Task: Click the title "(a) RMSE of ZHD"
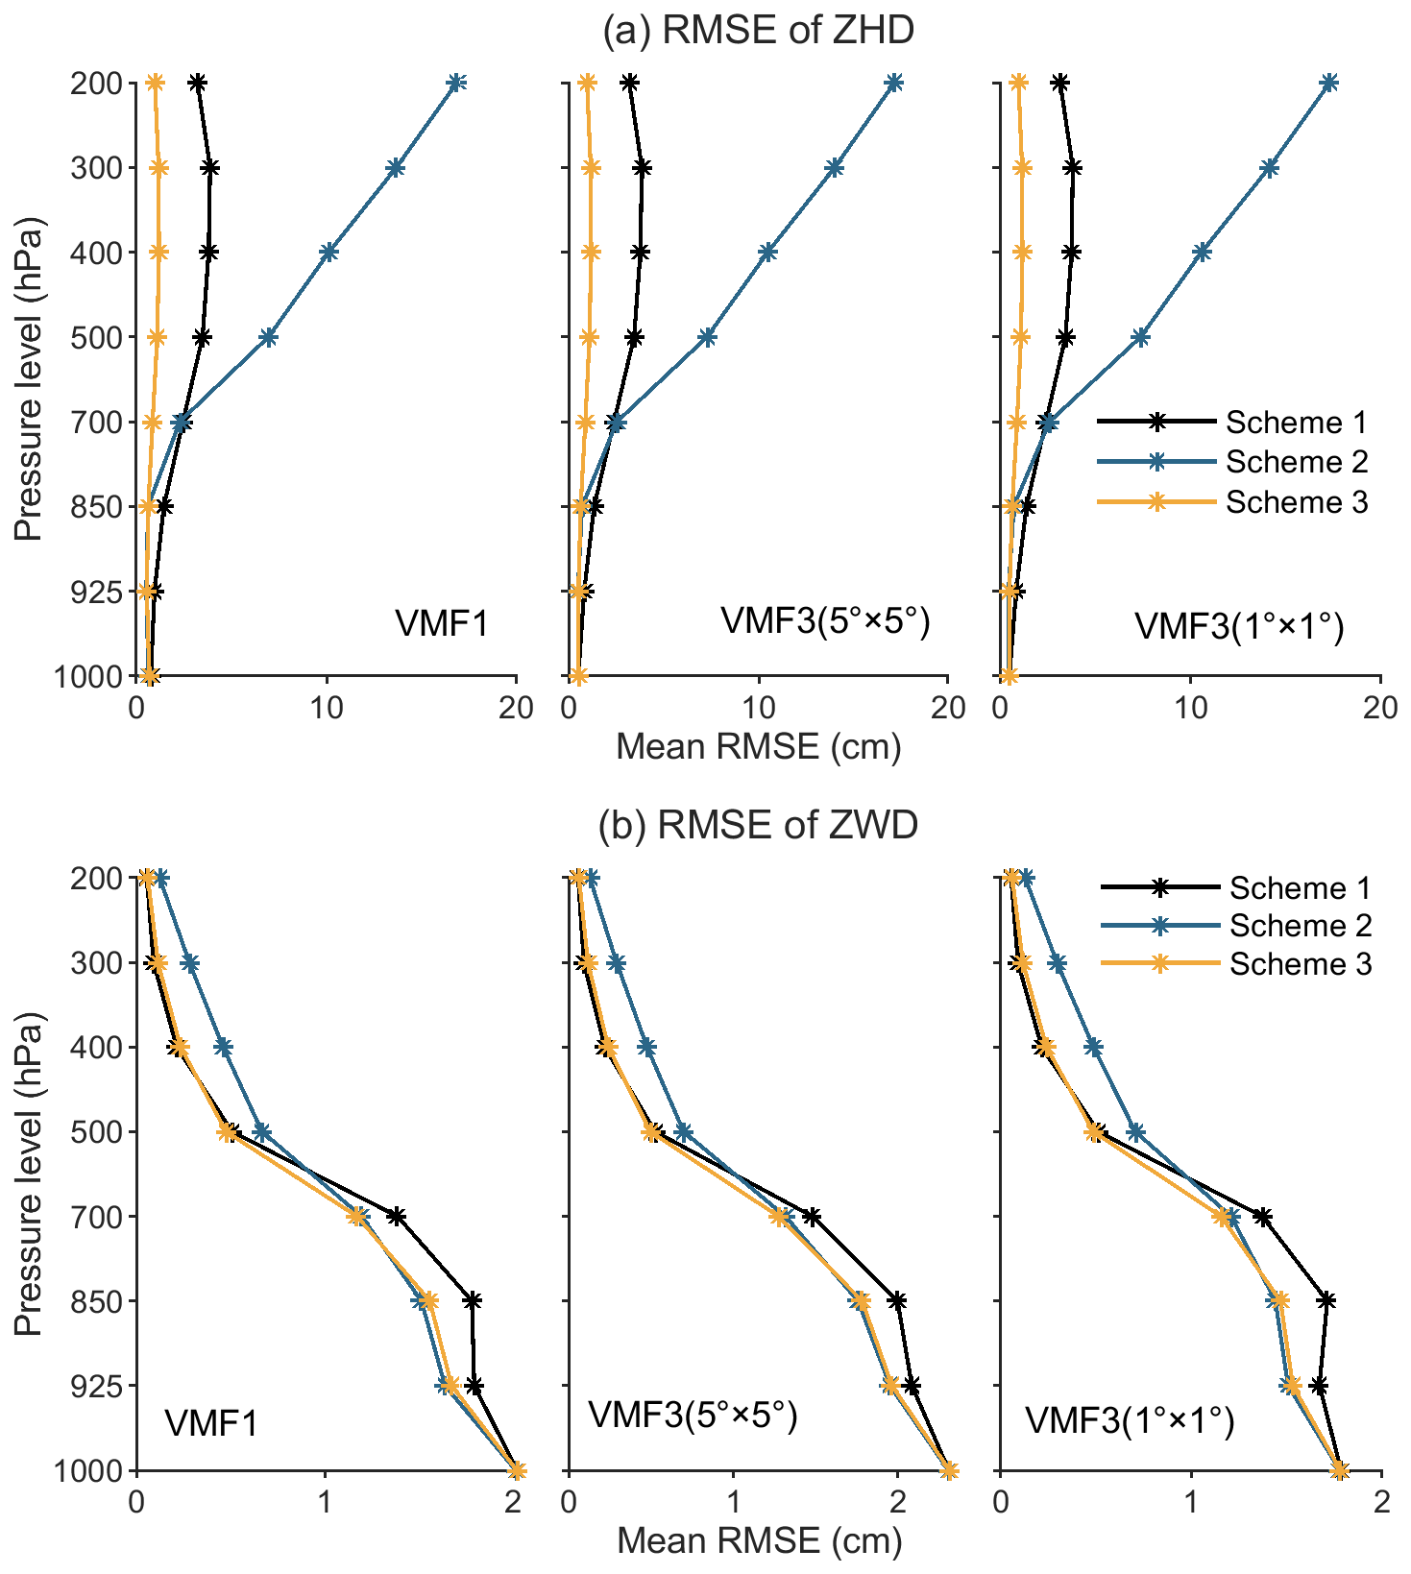tap(758, 31)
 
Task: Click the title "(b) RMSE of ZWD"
tap(758, 825)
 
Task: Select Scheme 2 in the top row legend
tap(1296, 462)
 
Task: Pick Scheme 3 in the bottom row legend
tap(1300, 964)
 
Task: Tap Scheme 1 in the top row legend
tap(1296, 423)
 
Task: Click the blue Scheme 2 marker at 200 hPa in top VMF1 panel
tap(457, 84)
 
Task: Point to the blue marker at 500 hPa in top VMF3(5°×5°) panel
tap(707, 337)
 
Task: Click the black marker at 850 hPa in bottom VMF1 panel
tap(472, 1301)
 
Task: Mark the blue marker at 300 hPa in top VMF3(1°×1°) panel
tap(1270, 168)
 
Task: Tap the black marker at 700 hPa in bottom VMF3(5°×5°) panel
tap(812, 1217)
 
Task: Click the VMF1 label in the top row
tap(442, 624)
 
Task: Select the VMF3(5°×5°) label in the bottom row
tap(693, 1416)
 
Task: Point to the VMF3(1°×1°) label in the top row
tap(1239, 626)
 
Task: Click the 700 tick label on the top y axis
tap(96, 423)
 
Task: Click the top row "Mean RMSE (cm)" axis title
tap(758, 746)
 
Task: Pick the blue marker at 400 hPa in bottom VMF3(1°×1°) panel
tap(1093, 1047)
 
